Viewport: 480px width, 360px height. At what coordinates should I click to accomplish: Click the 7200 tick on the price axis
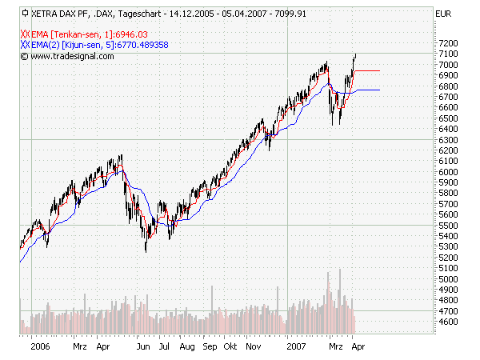click(x=446, y=42)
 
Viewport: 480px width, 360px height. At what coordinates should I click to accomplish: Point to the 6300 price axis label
click(x=446, y=139)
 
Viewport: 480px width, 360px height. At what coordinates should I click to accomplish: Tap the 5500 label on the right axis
click(x=446, y=225)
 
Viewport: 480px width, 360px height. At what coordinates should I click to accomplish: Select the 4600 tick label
click(x=446, y=322)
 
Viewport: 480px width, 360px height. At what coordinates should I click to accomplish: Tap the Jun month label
click(x=144, y=349)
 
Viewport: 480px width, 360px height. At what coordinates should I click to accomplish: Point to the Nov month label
click(x=254, y=349)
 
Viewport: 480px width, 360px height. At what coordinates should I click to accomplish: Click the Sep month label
click(x=210, y=349)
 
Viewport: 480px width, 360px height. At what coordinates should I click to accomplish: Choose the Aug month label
click(x=186, y=349)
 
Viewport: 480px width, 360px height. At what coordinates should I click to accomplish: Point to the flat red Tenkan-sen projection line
click(x=367, y=71)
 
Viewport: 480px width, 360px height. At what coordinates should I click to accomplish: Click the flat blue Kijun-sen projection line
click(x=367, y=90)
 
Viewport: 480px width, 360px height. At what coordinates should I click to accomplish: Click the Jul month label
click(x=164, y=349)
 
